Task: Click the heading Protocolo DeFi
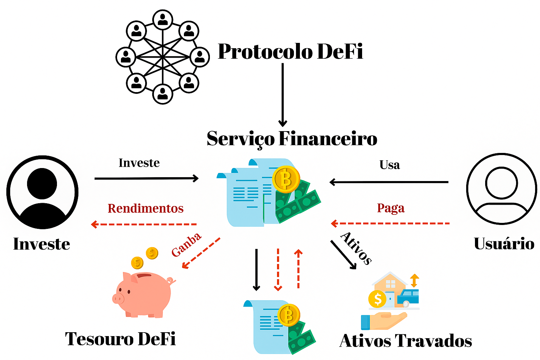290,52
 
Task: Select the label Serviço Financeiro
292,139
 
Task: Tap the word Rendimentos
146,208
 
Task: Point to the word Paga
391,208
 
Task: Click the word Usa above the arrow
390,165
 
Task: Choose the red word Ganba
186,245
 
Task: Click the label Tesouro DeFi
120,339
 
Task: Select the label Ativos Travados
405,341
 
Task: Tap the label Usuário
504,244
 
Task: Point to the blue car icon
408,297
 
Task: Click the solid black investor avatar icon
42,192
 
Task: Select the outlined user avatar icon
501,189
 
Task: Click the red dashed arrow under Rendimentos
144,224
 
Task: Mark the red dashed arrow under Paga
390,223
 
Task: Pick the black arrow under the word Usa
389,182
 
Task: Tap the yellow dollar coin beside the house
377,299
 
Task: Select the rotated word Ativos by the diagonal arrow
356,247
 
